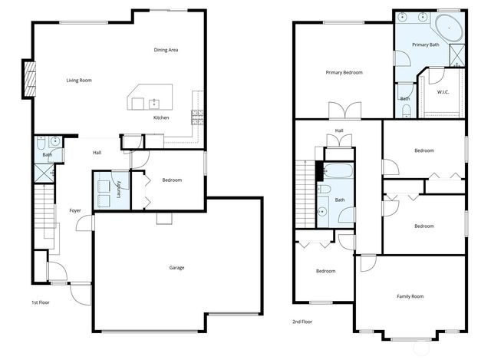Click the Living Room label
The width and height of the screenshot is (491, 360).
click(x=79, y=80)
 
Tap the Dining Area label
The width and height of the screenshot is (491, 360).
click(x=166, y=50)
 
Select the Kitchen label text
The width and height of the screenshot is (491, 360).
click(x=161, y=117)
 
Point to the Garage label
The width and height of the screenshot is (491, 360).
click(x=176, y=268)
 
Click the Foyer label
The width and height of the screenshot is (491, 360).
click(x=75, y=210)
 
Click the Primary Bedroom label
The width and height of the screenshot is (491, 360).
click(x=344, y=73)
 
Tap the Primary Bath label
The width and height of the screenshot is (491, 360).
click(x=425, y=45)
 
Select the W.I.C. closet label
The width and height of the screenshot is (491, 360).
click(x=443, y=93)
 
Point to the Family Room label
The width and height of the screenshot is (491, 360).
click(x=410, y=296)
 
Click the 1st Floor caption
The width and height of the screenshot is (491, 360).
click(x=41, y=302)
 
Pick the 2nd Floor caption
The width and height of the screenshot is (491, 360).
click(x=302, y=322)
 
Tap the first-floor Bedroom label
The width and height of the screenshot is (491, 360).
click(x=172, y=180)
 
